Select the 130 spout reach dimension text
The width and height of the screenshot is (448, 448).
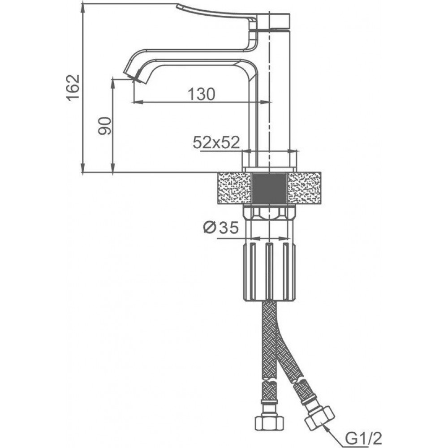tap(202, 94)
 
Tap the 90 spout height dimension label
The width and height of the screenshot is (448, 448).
tap(104, 126)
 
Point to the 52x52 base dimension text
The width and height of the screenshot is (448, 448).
tap(216, 142)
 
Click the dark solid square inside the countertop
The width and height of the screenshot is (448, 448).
tap(269, 188)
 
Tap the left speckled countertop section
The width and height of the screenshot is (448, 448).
tap(234, 188)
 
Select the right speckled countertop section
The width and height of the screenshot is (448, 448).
tap(304, 188)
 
